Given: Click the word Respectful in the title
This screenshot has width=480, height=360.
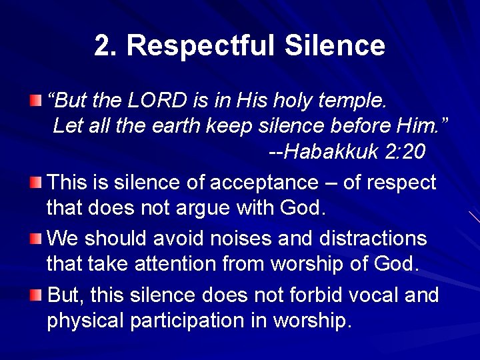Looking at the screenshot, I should [x=199, y=45].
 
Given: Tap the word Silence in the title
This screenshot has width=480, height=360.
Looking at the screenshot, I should [x=335, y=45].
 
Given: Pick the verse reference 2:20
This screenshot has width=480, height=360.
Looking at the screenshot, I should [x=405, y=152].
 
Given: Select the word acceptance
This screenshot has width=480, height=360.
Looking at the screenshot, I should [x=263, y=182].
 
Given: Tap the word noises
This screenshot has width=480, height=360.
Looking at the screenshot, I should [x=249, y=238].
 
